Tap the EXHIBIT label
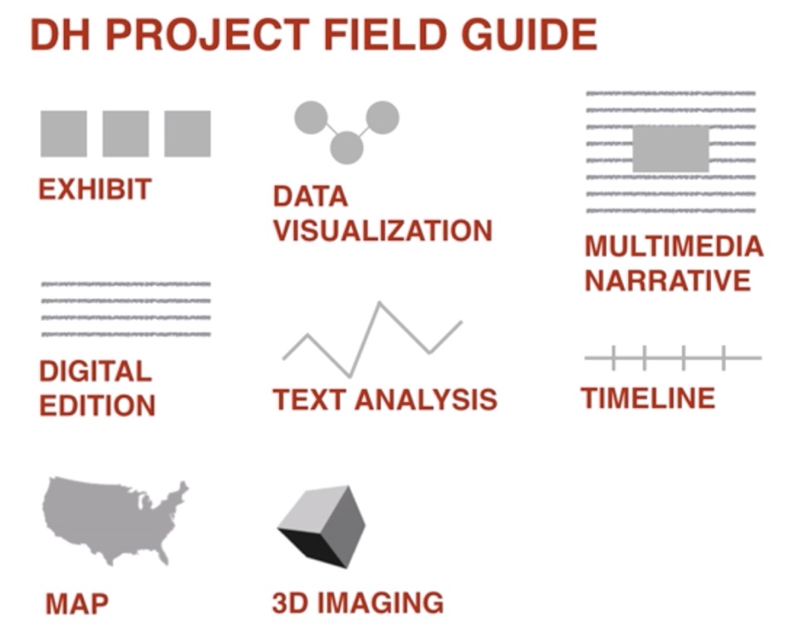[95, 189]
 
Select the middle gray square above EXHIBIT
[125, 134]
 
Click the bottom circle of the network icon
[346, 148]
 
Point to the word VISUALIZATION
[383, 229]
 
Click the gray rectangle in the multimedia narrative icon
[670, 149]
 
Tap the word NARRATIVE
[667, 280]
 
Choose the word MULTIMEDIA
[673, 246]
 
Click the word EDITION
[97, 405]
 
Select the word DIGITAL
[96, 371]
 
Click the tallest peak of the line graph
[380, 303]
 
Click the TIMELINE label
[647, 398]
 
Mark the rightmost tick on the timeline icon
[724, 357]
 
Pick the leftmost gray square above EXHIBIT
[63, 134]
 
